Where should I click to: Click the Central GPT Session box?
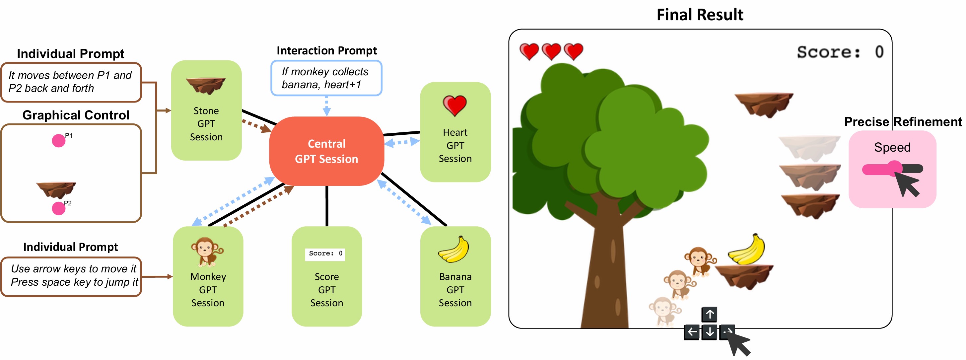point(326,151)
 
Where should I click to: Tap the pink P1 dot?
point(58,141)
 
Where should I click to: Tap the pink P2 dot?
point(58,208)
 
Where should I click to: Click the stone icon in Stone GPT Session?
point(206,86)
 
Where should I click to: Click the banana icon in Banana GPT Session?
point(454,250)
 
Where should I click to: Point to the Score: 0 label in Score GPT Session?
point(325,254)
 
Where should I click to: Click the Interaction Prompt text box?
point(326,78)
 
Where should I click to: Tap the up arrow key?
point(710,314)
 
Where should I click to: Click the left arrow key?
point(692,332)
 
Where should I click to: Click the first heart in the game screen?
point(529,51)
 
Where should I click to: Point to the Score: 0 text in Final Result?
point(840,52)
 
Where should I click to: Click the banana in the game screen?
point(747,250)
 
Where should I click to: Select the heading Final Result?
point(700,15)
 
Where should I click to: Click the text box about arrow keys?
point(71,276)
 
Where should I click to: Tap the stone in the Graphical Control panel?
point(56,189)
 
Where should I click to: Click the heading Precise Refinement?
point(903,122)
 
